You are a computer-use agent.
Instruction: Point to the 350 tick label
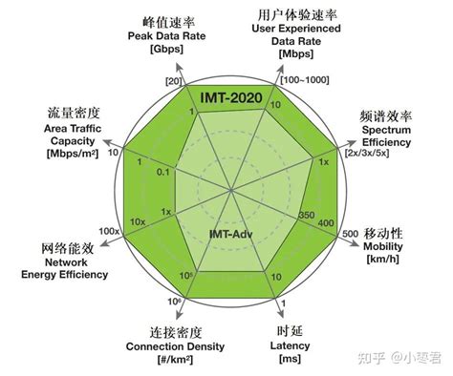pos(307,215)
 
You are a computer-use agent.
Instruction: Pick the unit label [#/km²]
pos(175,361)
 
